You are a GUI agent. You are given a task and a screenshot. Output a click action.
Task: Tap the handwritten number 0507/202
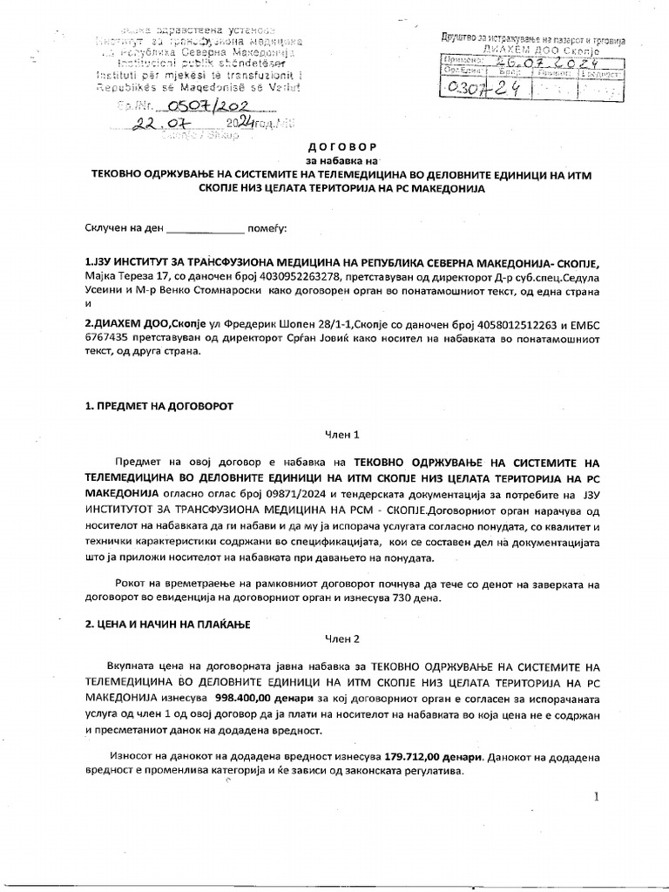point(186,107)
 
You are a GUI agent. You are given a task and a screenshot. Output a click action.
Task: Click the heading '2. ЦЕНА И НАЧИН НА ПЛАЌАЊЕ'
point(168,625)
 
